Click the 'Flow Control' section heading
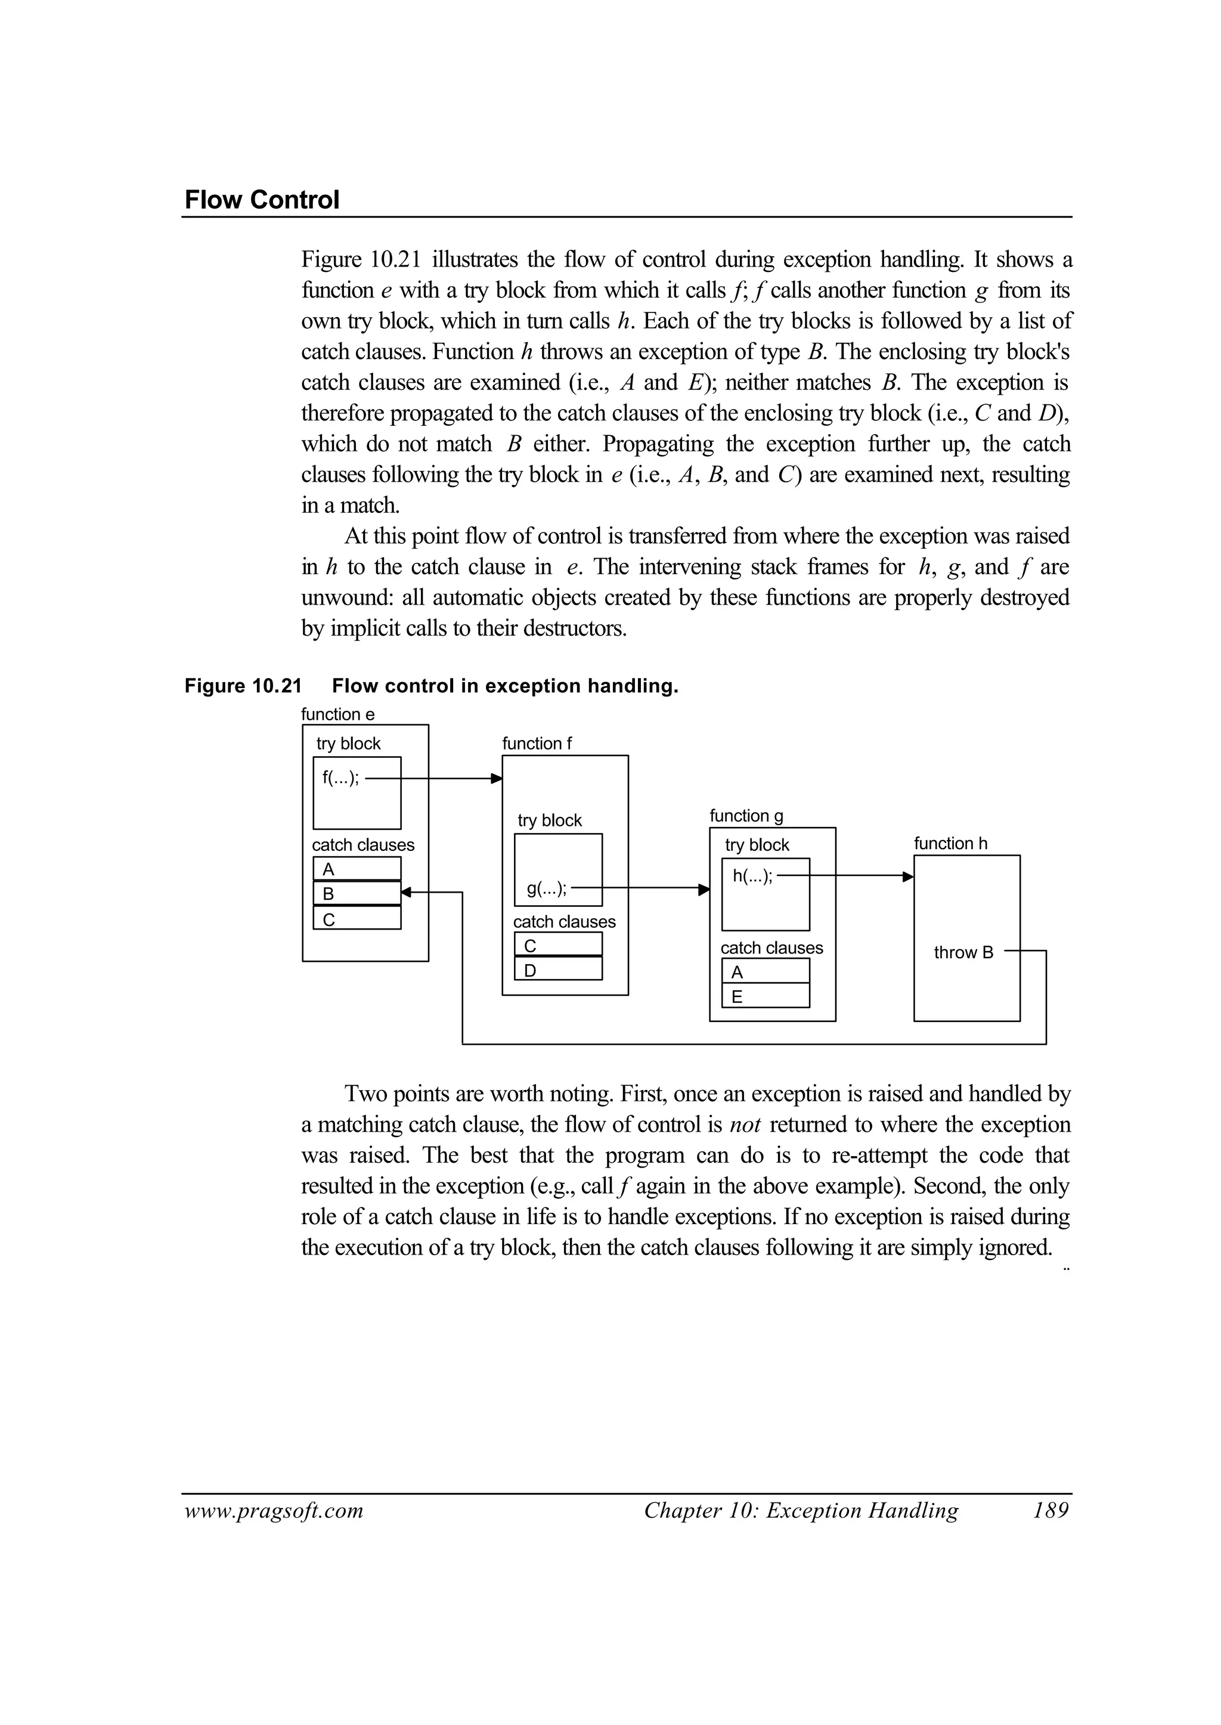pos(262,200)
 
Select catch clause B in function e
pos(357,893)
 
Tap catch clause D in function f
pos(558,970)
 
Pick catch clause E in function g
pos(765,997)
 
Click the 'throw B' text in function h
pos(963,953)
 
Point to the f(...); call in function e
pos(340,778)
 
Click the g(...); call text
pos(547,889)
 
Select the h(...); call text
pos(752,876)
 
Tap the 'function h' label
pos(950,844)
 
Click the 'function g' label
pos(746,816)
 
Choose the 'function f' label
pos(537,744)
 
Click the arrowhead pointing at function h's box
pos(908,877)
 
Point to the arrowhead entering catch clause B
pos(407,893)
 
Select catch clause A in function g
pos(765,973)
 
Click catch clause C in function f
pos(558,945)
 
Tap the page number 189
pos(1050,1511)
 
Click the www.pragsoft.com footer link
pos(274,1512)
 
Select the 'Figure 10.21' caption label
pos(243,686)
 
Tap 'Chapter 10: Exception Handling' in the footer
pos(801,1511)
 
